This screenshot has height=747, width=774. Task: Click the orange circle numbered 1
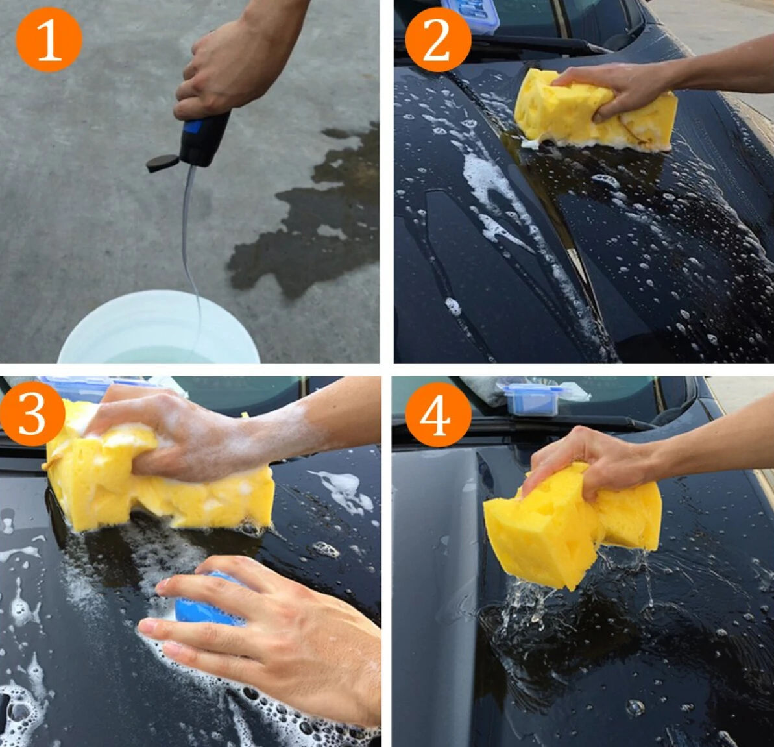tap(49, 40)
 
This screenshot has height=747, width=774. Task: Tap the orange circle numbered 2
tap(438, 40)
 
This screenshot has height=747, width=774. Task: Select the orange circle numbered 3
tap(32, 414)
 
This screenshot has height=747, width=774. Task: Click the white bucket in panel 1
tap(159, 328)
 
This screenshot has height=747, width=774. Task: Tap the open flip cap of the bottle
tap(162, 163)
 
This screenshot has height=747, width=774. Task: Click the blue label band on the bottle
tap(193, 127)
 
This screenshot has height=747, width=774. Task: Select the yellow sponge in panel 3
tap(158, 482)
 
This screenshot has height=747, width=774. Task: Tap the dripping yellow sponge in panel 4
tap(573, 523)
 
